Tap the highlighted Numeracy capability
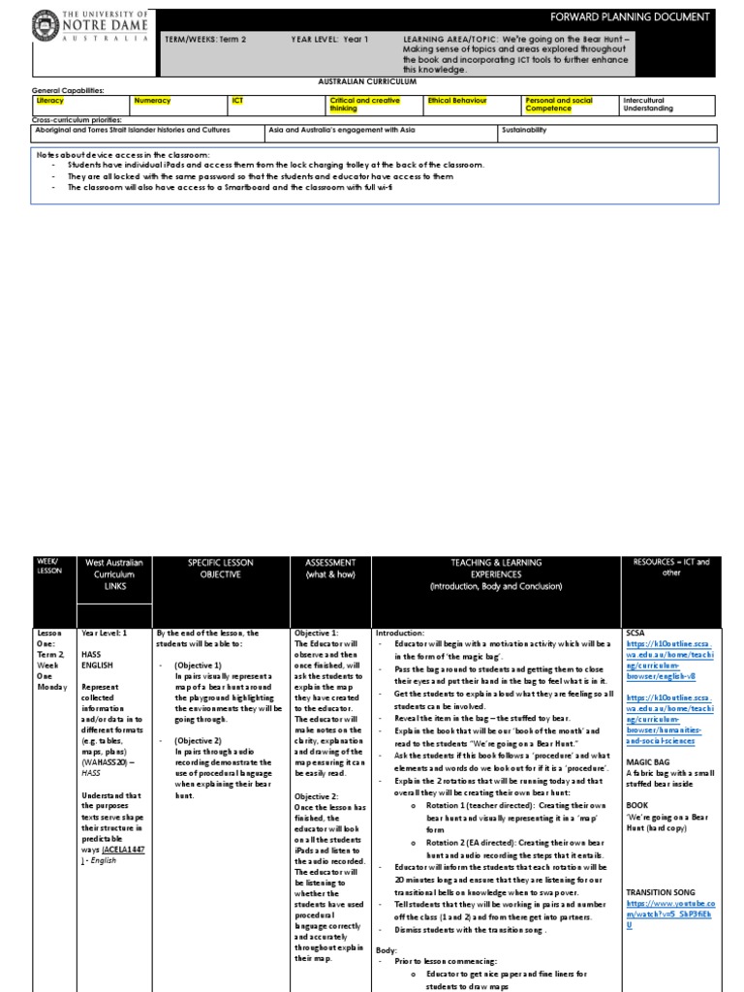coord(152,100)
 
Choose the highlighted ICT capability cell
coord(237,100)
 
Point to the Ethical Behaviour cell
coord(457,100)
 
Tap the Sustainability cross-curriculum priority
coord(524,129)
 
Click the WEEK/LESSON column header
coord(47,567)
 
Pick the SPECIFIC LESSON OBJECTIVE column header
coord(222,573)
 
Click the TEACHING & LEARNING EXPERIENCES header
coord(495,573)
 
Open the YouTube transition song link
coord(671,912)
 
